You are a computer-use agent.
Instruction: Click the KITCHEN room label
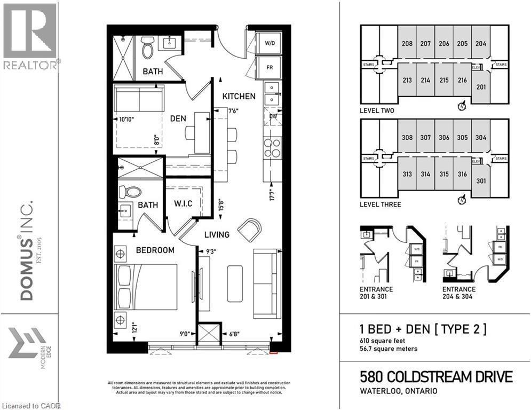point(239,97)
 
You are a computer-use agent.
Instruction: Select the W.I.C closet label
point(183,204)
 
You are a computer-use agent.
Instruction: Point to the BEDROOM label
point(155,250)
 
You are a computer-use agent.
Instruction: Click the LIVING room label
point(216,234)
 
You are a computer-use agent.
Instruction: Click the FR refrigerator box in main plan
point(271,68)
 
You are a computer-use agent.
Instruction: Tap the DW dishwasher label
point(272,115)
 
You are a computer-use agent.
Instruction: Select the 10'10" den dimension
point(125,120)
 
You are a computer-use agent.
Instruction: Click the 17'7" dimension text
point(272,193)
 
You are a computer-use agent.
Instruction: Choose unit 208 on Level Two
point(407,44)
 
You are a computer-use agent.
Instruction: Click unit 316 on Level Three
point(462,174)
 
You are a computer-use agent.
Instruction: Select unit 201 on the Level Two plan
point(481,87)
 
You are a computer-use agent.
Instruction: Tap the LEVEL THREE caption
point(381,204)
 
